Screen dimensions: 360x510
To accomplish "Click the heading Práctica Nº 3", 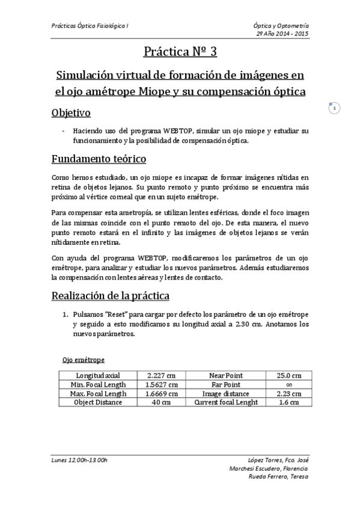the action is pyautogui.click(x=180, y=52).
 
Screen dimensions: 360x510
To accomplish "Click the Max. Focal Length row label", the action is pyautogui.click(x=98, y=393).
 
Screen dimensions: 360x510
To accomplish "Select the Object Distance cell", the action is pyautogui.click(x=98, y=402).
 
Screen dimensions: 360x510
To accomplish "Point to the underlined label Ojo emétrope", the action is pyautogui.click(x=84, y=360).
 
